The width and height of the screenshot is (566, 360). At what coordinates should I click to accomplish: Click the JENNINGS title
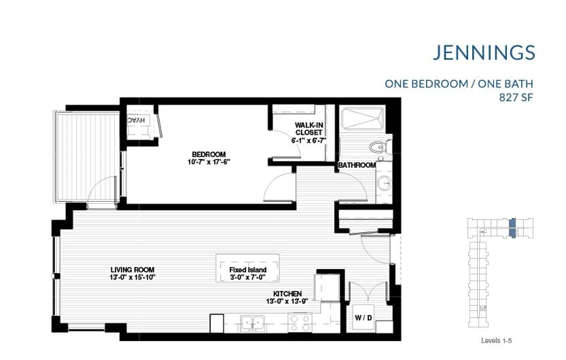point(484,52)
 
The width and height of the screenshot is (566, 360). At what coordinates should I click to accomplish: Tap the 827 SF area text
point(516,97)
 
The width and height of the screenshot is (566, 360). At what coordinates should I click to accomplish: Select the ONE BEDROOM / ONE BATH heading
point(459,84)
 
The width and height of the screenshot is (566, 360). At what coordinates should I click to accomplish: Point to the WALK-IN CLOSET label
point(310,128)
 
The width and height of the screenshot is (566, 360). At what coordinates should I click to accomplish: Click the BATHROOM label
point(357,165)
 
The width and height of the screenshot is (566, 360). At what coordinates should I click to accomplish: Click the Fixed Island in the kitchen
point(247,270)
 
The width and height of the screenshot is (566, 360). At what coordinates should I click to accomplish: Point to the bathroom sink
point(384,182)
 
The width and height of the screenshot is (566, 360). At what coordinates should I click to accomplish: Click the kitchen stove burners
point(300,321)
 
